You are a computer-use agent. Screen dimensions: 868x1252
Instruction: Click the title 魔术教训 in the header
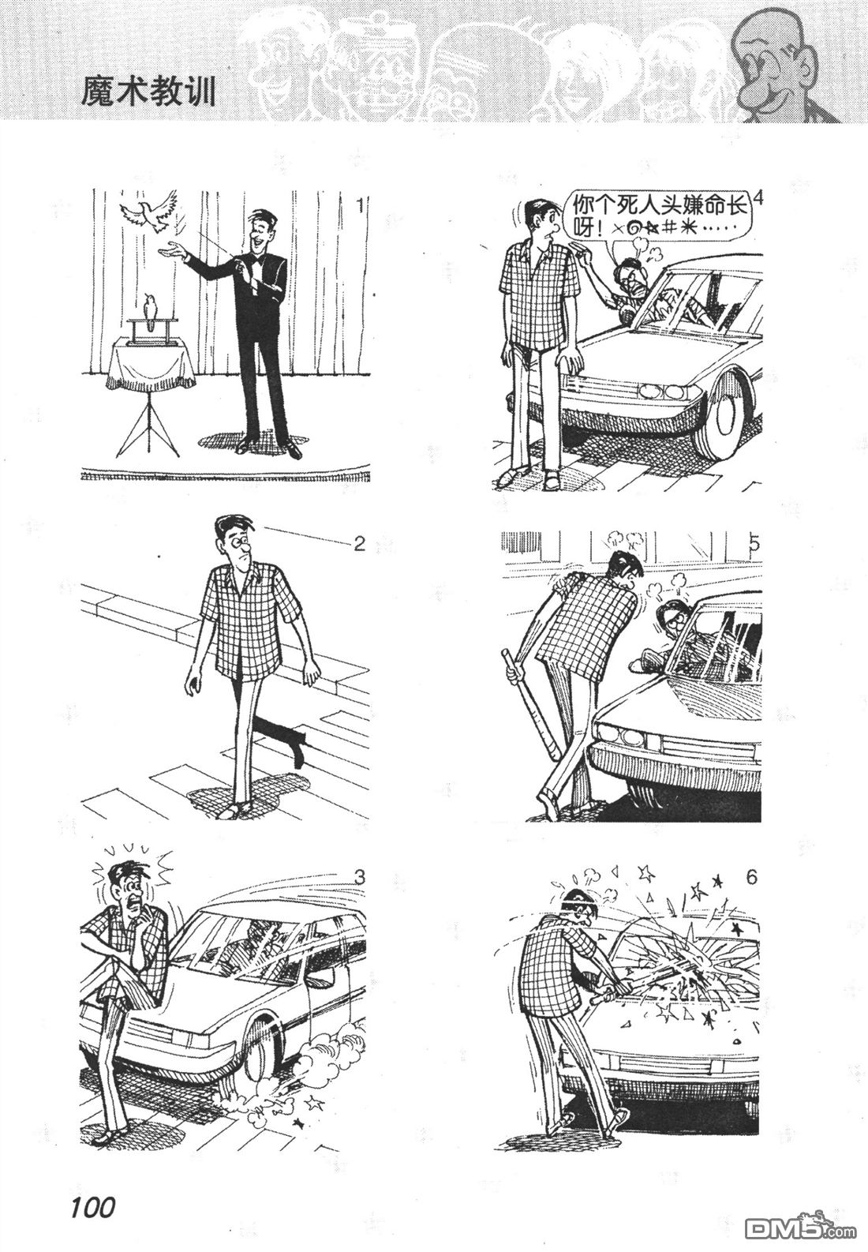(148, 92)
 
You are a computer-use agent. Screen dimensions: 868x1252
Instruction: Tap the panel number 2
(360, 543)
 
